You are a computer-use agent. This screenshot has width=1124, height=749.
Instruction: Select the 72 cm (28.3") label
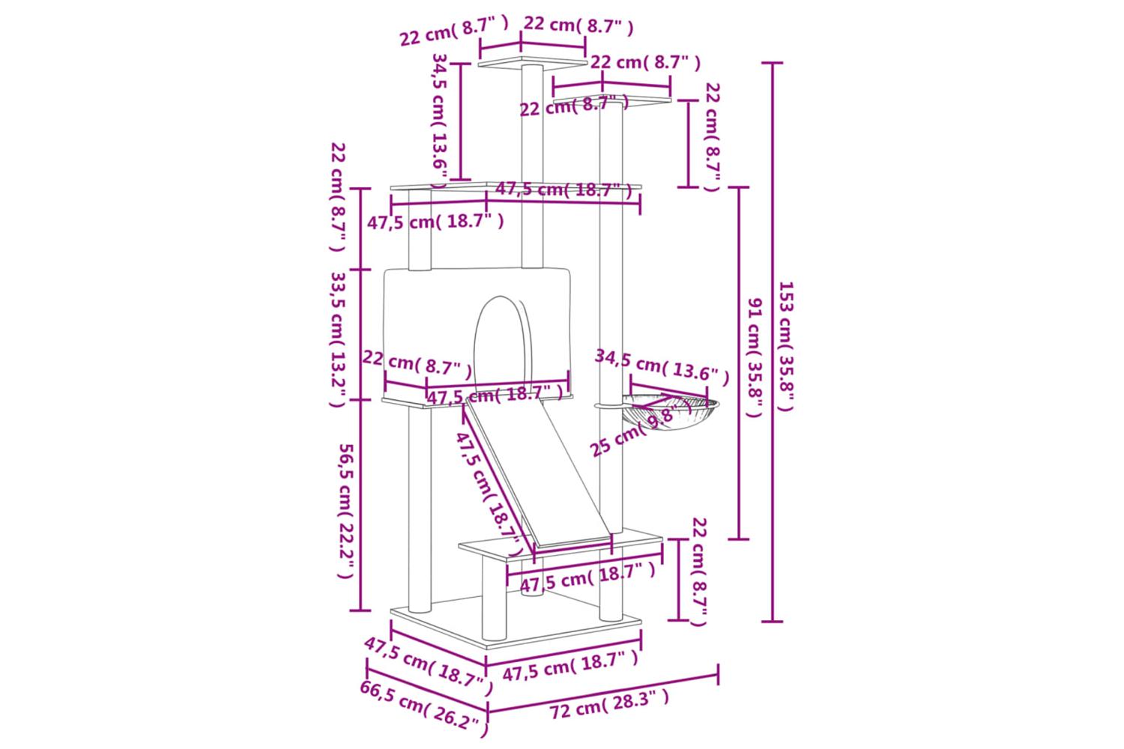pyautogui.click(x=608, y=705)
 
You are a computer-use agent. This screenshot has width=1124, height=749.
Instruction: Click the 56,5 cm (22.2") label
pyautogui.click(x=345, y=511)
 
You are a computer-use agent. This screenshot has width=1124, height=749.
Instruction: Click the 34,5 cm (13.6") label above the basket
pyautogui.click(x=661, y=366)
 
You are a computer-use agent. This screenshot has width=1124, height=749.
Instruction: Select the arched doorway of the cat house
pyautogui.click(x=501, y=337)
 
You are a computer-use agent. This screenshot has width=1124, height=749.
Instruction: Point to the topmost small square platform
pyautogui.click(x=534, y=61)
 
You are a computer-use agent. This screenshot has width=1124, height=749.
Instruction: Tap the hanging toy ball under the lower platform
pyautogui.click(x=531, y=593)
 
